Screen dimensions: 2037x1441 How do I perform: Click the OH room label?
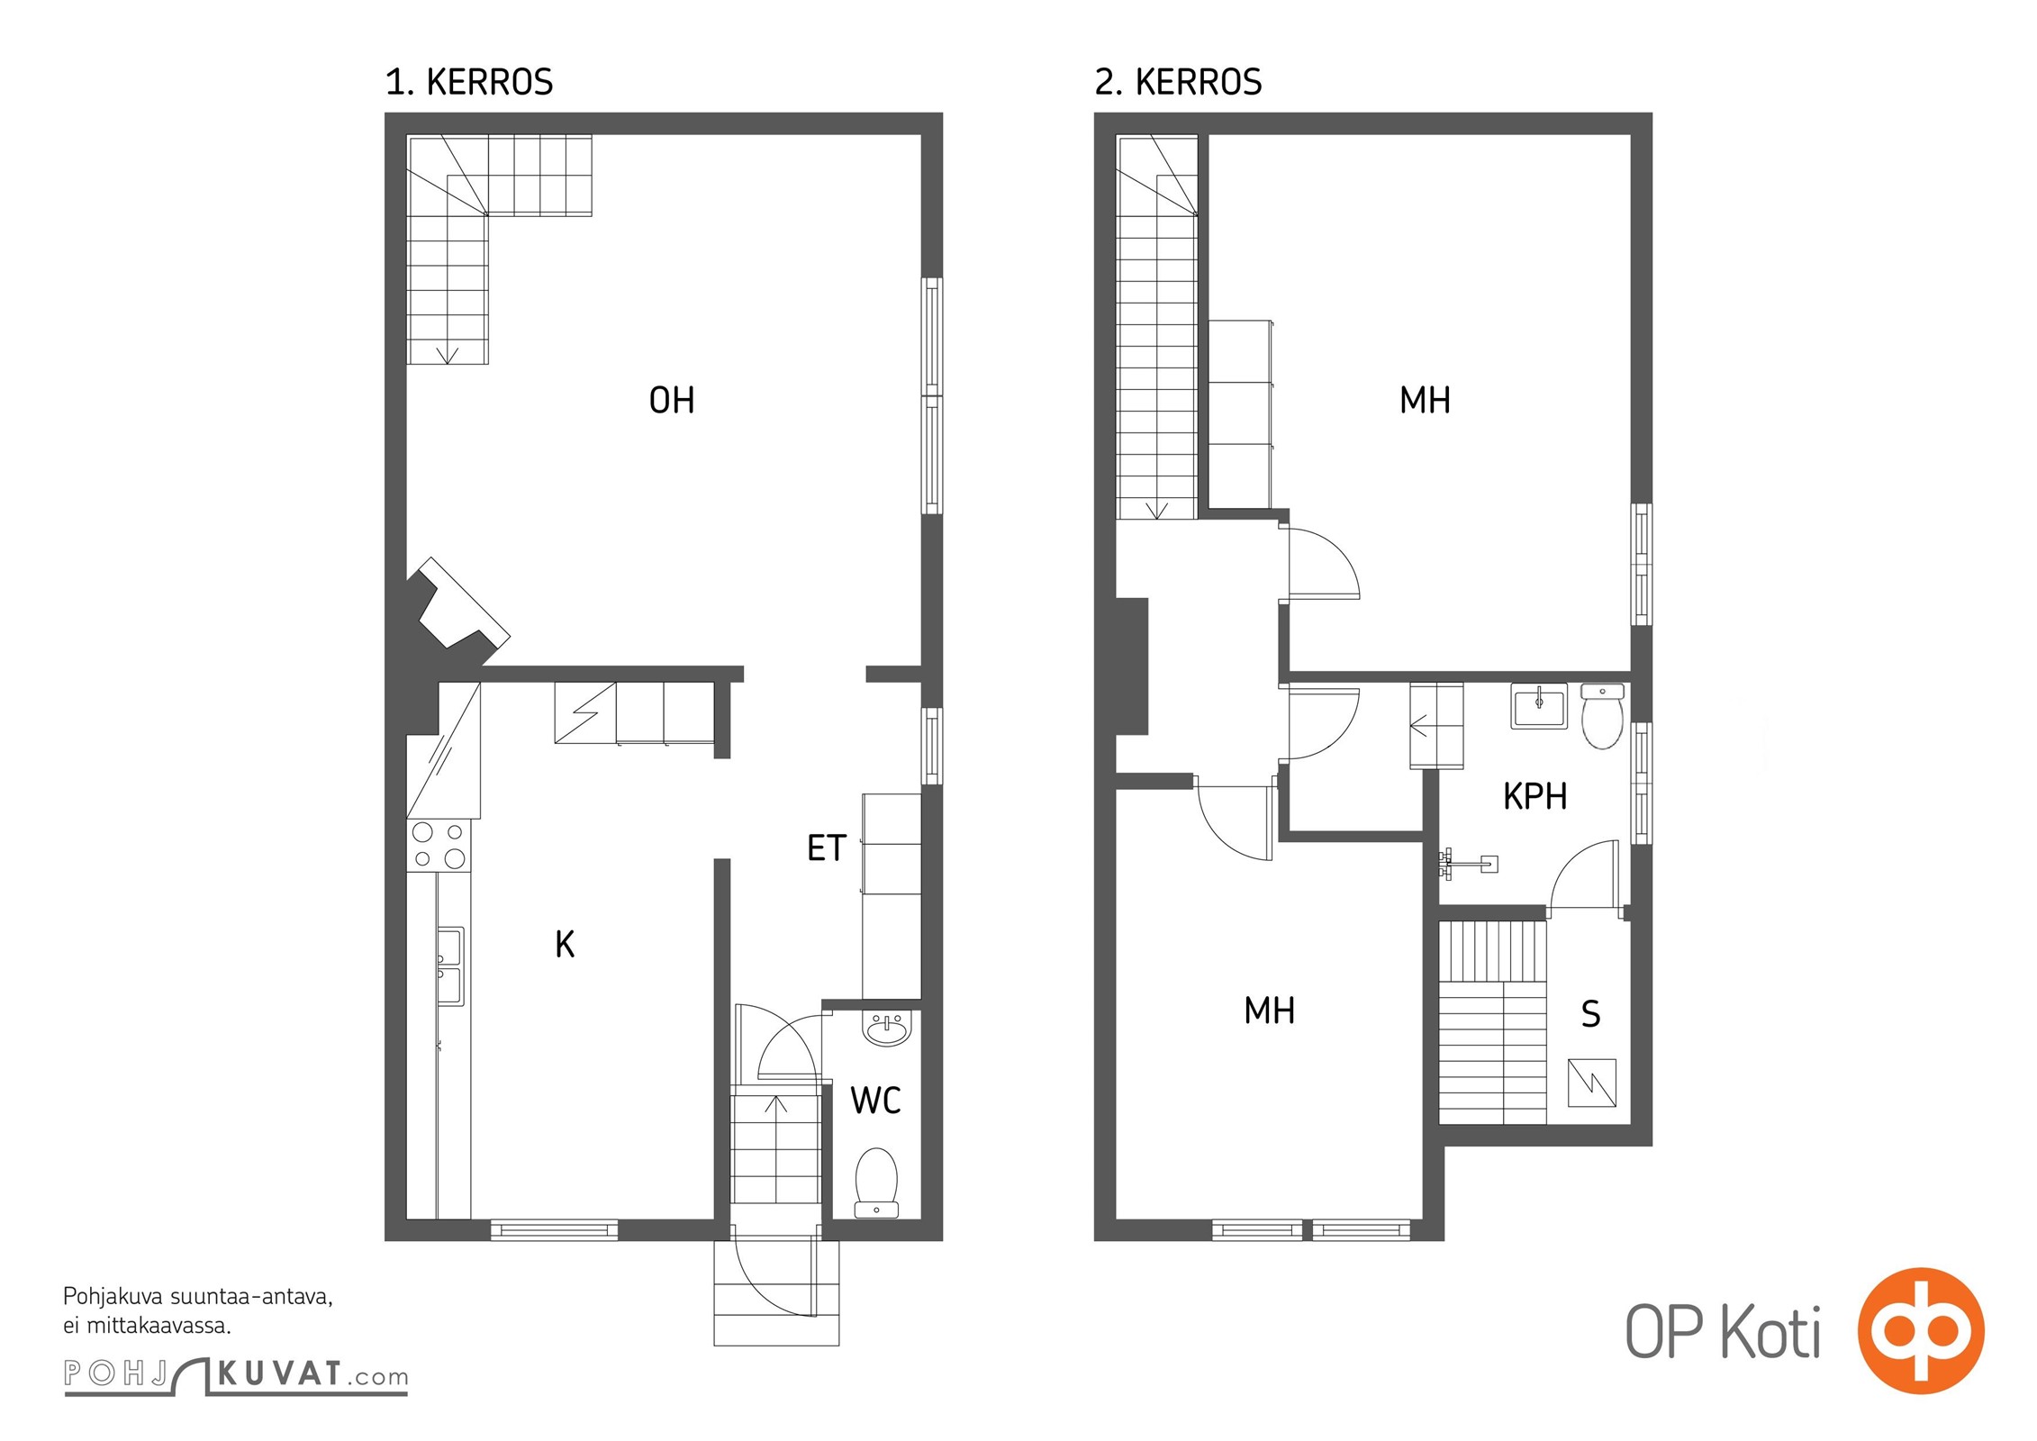(672, 400)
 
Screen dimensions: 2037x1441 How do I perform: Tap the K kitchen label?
(565, 944)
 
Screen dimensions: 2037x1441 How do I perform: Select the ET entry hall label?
(827, 847)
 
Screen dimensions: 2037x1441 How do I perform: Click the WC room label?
(875, 1100)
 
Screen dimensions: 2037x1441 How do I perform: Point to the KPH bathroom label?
(1535, 796)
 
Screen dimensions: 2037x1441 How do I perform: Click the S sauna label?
(1591, 1014)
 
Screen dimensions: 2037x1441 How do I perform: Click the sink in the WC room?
(887, 1028)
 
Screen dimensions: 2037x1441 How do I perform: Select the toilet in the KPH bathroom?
(1602, 716)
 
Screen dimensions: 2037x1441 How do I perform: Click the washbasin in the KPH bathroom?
(1539, 706)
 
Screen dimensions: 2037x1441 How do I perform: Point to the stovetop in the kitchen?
(439, 846)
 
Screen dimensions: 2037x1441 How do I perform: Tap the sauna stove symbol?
(1592, 1083)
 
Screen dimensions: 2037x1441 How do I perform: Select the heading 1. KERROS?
(469, 82)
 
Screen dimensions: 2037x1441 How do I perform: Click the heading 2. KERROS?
(1178, 82)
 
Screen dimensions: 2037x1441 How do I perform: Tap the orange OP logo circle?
(1921, 1331)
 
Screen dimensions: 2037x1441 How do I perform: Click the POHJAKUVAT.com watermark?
(236, 1375)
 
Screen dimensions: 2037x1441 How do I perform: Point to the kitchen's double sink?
(450, 966)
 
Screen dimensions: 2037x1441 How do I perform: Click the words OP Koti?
(1724, 1332)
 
